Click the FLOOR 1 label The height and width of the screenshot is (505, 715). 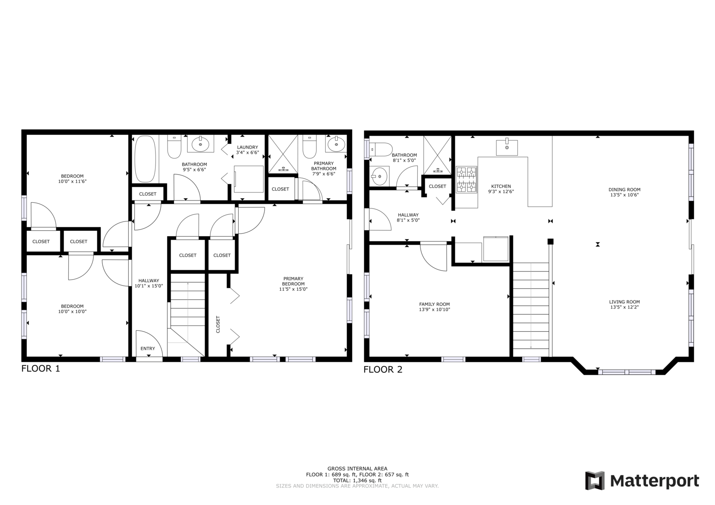point(41,368)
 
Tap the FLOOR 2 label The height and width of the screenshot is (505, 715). point(383,369)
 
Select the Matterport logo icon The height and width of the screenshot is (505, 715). point(595,480)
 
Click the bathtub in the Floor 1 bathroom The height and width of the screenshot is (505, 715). point(145,159)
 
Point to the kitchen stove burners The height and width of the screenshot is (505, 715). point(467,179)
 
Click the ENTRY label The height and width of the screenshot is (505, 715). point(148,348)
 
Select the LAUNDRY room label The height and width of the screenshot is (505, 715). point(248,147)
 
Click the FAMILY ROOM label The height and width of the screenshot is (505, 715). point(434,304)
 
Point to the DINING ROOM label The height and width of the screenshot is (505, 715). point(624,189)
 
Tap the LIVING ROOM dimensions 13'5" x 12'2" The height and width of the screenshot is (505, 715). point(624,307)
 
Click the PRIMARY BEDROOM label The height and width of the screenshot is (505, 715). point(293,281)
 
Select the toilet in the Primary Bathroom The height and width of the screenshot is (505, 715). point(309,147)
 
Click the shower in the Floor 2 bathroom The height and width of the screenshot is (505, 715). point(437,155)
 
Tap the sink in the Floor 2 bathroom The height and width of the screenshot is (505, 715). point(379,176)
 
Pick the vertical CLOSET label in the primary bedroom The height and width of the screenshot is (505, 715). point(218,325)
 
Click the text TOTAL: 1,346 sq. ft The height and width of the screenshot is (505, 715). point(357,480)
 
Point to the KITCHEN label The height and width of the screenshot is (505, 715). point(501,186)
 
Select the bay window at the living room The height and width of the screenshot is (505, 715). point(627,372)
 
